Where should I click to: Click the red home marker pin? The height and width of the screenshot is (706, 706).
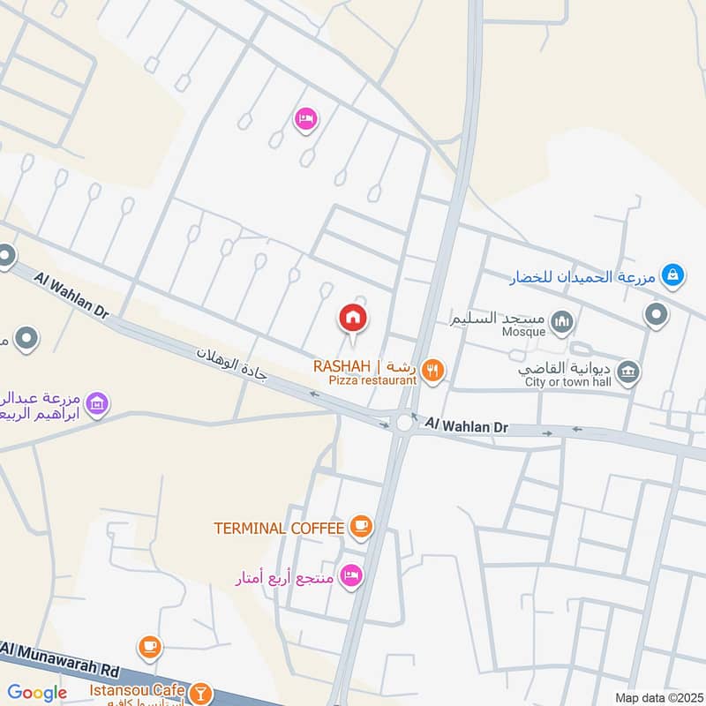point(353,318)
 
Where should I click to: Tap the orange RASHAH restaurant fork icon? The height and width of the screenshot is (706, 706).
point(432,371)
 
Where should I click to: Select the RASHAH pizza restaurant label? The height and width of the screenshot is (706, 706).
point(364,372)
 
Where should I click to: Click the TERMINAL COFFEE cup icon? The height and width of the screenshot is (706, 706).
point(360,527)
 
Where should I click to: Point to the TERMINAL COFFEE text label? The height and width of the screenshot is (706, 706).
point(278,528)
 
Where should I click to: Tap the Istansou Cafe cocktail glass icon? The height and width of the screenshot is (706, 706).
point(201,692)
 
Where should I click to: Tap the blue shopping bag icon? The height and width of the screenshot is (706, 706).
point(673,276)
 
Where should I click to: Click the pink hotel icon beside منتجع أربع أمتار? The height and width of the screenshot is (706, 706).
point(352,575)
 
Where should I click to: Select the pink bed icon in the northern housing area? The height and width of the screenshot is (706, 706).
point(305,118)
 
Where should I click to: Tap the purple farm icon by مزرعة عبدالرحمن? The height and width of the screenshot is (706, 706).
point(98,403)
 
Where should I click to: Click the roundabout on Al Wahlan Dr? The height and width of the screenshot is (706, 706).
point(404,423)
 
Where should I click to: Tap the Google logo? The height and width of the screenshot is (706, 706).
point(37,693)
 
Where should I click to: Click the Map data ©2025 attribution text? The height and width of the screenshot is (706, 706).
point(657,698)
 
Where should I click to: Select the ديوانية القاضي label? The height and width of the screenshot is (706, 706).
point(566,370)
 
